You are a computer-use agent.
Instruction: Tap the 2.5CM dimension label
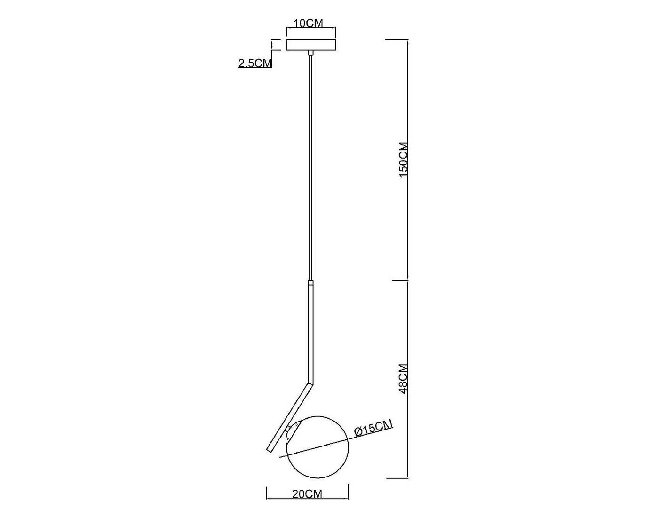click(x=255, y=63)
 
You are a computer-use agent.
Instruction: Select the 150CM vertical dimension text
click(x=404, y=160)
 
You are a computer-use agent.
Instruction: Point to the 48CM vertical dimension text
click(x=404, y=379)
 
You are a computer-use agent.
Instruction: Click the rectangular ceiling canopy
click(x=311, y=45)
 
